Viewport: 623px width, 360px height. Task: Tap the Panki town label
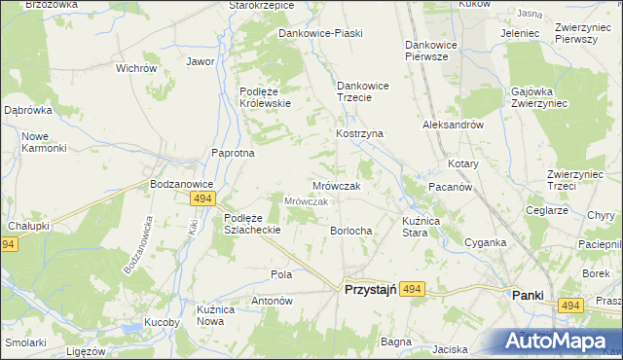pyautogui.click(x=528, y=294)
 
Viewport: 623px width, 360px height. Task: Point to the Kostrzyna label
pyautogui.click(x=360, y=132)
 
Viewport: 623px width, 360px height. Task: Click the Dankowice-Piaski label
pyautogui.click(x=320, y=33)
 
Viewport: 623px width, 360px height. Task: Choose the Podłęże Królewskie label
pyautogui.click(x=264, y=97)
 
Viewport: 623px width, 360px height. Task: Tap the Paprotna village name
pyautogui.click(x=234, y=153)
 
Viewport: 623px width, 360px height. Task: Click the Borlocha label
pyautogui.click(x=351, y=231)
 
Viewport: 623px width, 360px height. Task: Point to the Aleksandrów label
pyautogui.click(x=453, y=126)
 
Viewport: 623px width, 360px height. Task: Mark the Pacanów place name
pyautogui.click(x=451, y=186)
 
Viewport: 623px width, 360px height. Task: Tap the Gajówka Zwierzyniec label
pyautogui.click(x=537, y=98)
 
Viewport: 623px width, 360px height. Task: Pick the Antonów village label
pyautogui.click(x=273, y=301)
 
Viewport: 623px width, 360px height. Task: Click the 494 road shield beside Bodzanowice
pyautogui.click(x=202, y=198)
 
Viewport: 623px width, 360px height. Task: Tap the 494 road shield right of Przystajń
pyautogui.click(x=413, y=289)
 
